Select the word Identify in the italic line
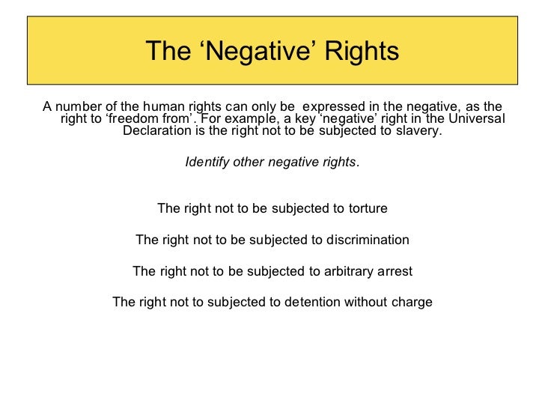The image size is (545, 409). point(208,162)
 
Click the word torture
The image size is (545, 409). point(365,208)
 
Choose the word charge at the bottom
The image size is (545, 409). point(413,303)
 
